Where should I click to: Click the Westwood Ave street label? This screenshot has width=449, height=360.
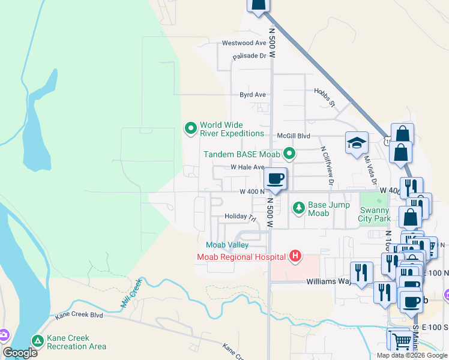pyautogui.click(x=244, y=43)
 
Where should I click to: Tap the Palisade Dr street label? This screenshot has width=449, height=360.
pyautogui.click(x=249, y=56)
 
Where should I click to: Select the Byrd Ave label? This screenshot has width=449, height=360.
pyautogui.click(x=252, y=95)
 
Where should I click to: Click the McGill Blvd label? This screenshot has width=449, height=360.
pyautogui.click(x=292, y=136)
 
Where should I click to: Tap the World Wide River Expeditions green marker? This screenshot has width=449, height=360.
pyautogui.click(x=191, y=127)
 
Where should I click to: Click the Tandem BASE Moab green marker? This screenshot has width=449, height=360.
pyautogui.click(x=289, y=154)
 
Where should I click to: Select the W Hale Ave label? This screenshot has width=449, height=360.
pyautogui.click(x=247, y=167)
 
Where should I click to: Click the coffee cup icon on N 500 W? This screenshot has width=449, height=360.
pyautogui.click(x=276, y=178)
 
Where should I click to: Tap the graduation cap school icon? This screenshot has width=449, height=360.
pyautogui.click(x=356, y=143)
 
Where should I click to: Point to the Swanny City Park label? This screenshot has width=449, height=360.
pyautogui.click(x=375, y=214)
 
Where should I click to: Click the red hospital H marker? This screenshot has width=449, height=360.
pyautogui.click(x=295, y=257)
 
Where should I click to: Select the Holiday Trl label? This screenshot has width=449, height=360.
pyautogui.click(x=240, y=217)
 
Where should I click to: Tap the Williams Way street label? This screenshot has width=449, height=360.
pyautogui.click(x=328, y=281)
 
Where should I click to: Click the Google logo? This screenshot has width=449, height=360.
pyautogui.click(x=20, y=353)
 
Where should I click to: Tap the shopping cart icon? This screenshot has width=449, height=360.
pyautogui.click(x=402, y=341)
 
